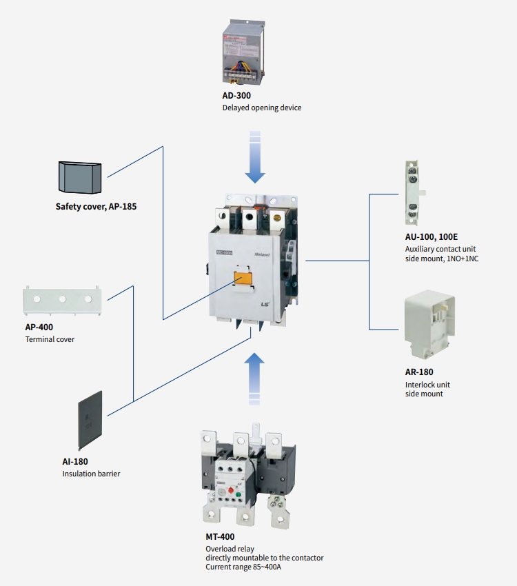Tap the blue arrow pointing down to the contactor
[255, 161]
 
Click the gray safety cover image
[80, 177]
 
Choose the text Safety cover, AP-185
[96, 206]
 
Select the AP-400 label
[39, 327]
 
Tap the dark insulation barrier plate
[91, 419]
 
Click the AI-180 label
[75, 461]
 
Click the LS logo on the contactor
[266, 305]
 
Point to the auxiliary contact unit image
[412, 193]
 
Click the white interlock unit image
[429, 324]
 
